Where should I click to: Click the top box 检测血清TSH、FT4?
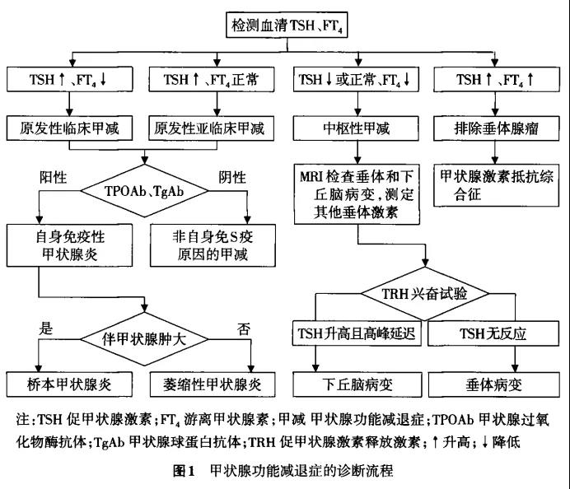[x=284, y=26]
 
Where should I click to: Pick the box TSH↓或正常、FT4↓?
[x=357, y=81]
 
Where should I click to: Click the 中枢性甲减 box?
[x=357, y=128]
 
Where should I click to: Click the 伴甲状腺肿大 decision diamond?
[x=145, y=337]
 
